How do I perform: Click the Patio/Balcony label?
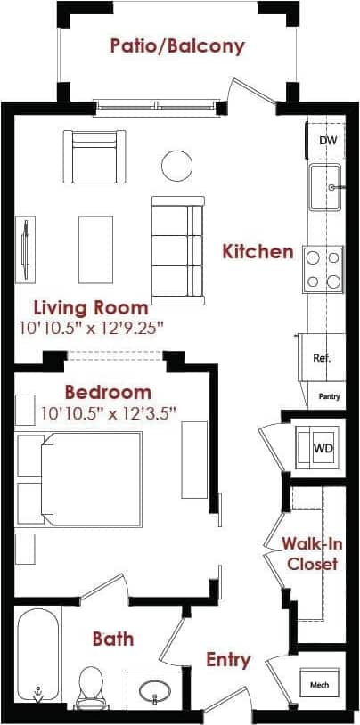click(177, 46)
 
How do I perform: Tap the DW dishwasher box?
click(327, 140)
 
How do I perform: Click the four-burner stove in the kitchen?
click(323, 269)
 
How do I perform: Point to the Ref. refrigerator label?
click(322, 358)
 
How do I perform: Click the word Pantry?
click(330, 395)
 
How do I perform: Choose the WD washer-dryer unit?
click(322, 447)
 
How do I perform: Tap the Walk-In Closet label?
click(309, 553)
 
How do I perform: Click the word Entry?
click(228, 660)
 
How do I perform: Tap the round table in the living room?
click(176, 164)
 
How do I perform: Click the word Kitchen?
click(258, 251)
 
